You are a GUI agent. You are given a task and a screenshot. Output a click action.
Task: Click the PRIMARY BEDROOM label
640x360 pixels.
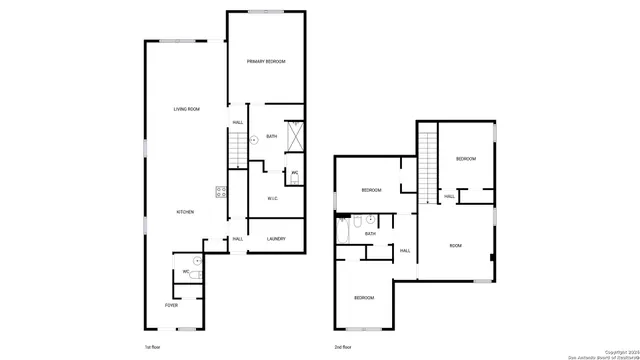267,62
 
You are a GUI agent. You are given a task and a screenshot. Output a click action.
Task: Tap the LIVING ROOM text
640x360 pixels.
187,109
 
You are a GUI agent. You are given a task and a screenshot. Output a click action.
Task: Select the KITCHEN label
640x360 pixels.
186,212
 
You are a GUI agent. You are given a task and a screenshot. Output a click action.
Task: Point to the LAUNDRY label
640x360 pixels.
277,239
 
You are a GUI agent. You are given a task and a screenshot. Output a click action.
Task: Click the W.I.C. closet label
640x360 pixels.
272,199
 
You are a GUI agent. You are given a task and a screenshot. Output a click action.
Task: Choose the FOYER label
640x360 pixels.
172,304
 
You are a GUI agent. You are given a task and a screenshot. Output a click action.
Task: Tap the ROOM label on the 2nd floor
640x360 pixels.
455,245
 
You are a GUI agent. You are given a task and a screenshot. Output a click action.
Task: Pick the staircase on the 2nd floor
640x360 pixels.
428,165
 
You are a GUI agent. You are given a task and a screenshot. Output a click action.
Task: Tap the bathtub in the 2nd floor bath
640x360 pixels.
344,231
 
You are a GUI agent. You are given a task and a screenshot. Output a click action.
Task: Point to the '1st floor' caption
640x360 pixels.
154,346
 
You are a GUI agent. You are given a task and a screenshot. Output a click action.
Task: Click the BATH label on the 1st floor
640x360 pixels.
271,136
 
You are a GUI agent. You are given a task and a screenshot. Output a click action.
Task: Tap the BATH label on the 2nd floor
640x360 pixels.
370,234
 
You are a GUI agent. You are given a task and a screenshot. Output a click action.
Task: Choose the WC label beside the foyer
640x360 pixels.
186,271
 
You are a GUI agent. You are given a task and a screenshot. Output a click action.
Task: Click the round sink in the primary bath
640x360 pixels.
254,140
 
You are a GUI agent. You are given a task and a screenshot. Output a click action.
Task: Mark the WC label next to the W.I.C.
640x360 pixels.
294,173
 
